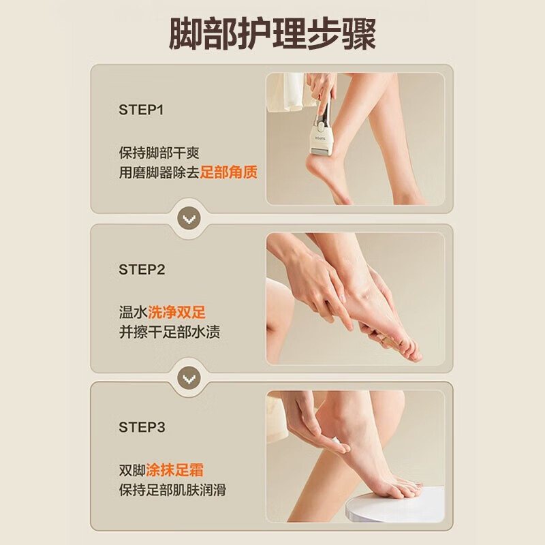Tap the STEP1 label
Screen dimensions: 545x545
pos(141,110)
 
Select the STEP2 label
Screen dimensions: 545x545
pos(142,270)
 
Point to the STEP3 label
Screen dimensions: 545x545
pos(142,427)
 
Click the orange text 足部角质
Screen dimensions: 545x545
pos(228,172)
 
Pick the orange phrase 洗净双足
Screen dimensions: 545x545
pos(176,312)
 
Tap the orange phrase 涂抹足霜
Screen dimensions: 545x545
pos(174,470)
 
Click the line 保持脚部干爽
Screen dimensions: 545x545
pos(159,153)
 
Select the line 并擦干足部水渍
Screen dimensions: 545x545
pos(170,332)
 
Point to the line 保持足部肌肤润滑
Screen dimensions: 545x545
pos(172,490)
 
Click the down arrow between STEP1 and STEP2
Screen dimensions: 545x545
pos(189,219)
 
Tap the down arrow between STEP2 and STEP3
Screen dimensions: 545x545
pos(189,378)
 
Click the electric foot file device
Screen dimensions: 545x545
pos(322,127)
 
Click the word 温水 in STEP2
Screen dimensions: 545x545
pos(133,312)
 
